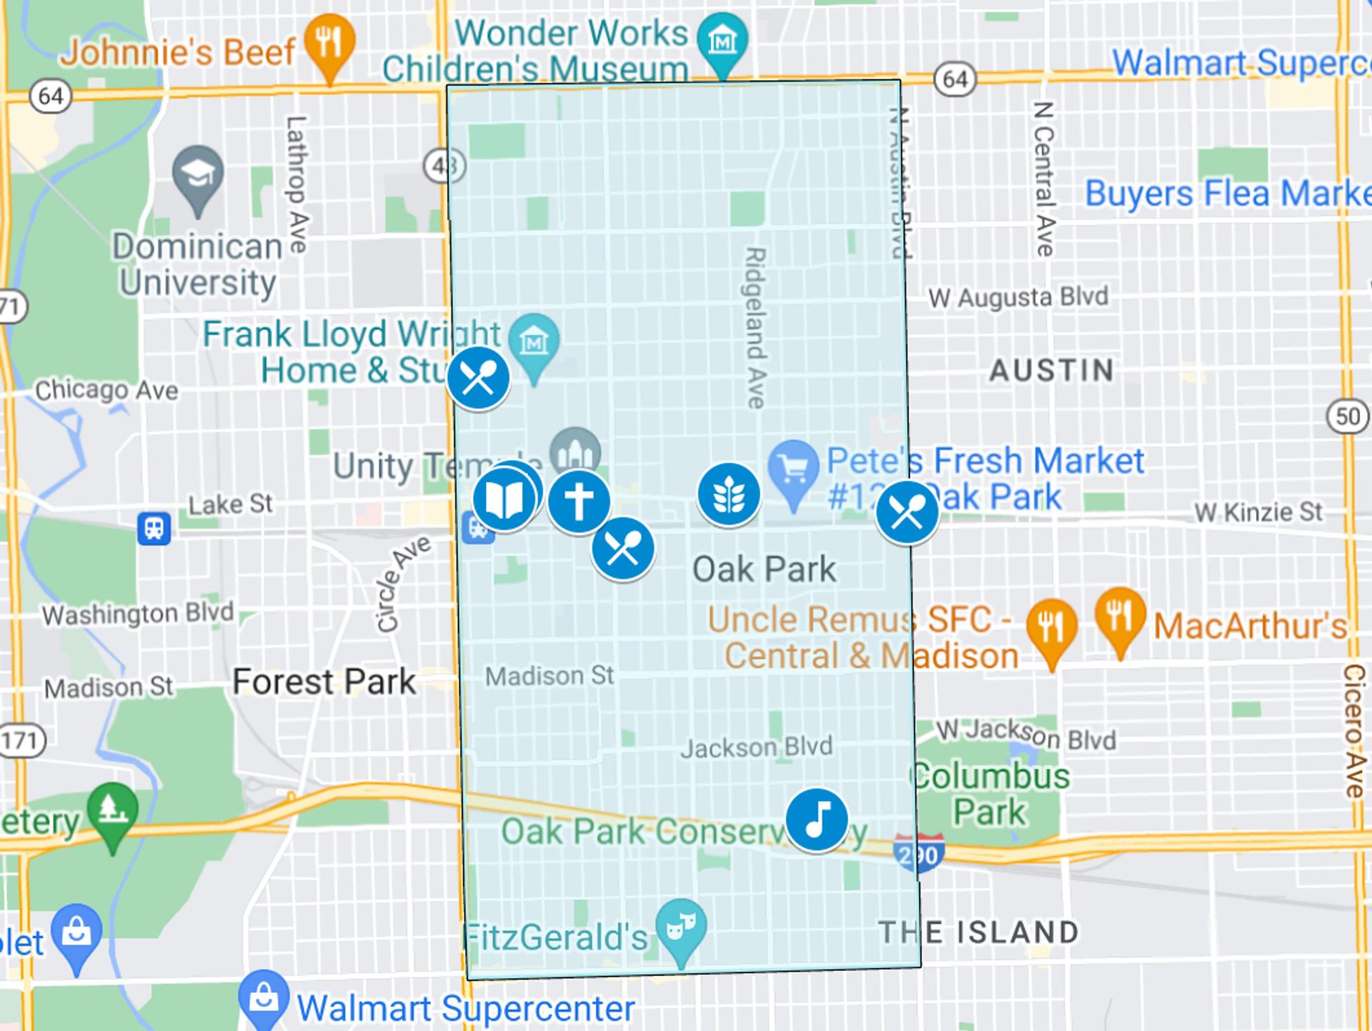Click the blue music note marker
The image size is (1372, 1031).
[x=816, y=819]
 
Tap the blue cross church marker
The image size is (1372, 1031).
[x=579, y=502]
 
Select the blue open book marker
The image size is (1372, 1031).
[x=504, y=499]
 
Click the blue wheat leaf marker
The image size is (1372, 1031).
[x=728, y=494]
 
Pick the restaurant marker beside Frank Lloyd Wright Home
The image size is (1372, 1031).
[x=478, y=378]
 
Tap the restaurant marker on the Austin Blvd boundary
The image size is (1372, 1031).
[x=907, y=512]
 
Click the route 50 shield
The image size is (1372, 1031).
[x=1347, y=416]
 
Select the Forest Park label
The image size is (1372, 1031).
[x=324, y=682]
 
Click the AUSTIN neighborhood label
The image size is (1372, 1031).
[x=1051, y=370]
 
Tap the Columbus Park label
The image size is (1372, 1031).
[x=990, y=794]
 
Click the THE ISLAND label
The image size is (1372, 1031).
[x=978, y=932]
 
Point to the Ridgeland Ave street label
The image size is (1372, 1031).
[x=755, y=327]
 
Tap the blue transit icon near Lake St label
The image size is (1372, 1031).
[x=154, y=529]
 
